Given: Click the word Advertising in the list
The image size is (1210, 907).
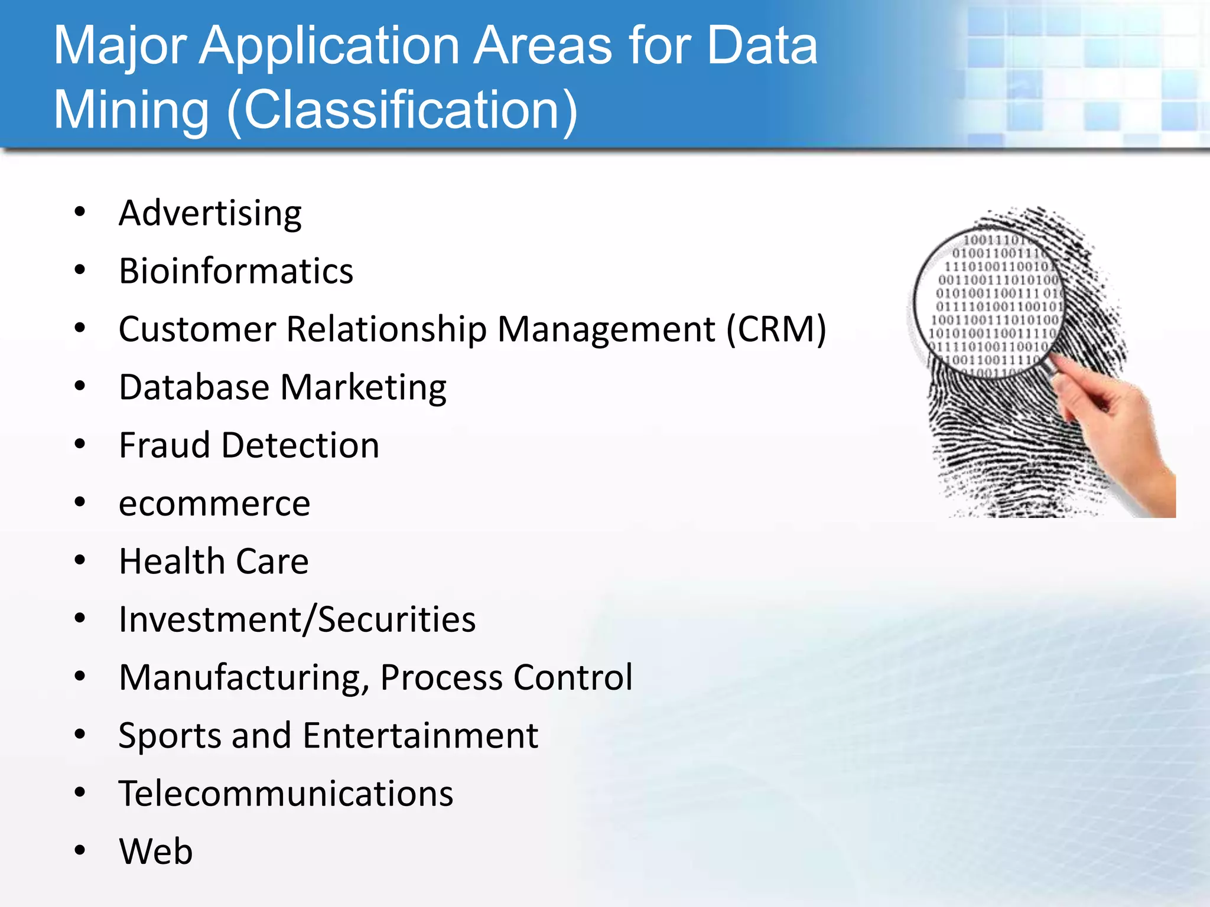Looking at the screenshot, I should (210, 214).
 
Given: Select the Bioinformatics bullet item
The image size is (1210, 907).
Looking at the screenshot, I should (236, 272).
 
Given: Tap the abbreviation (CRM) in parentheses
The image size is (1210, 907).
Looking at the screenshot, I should (776, 329).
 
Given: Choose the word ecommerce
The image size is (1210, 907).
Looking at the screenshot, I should (214, 504).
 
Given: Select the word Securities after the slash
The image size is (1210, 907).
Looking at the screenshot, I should (396, 619).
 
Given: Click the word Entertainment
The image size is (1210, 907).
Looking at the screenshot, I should (421, 736).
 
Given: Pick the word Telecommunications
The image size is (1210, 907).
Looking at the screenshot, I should (286, 794).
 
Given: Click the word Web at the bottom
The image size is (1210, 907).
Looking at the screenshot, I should (156, 851).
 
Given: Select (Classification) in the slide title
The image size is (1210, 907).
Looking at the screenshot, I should (402, 111).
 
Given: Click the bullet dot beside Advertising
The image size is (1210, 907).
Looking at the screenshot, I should (80, 211).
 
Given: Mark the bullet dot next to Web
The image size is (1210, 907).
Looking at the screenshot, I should (80, 850).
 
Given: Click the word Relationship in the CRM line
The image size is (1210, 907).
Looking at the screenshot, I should (386, 329).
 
